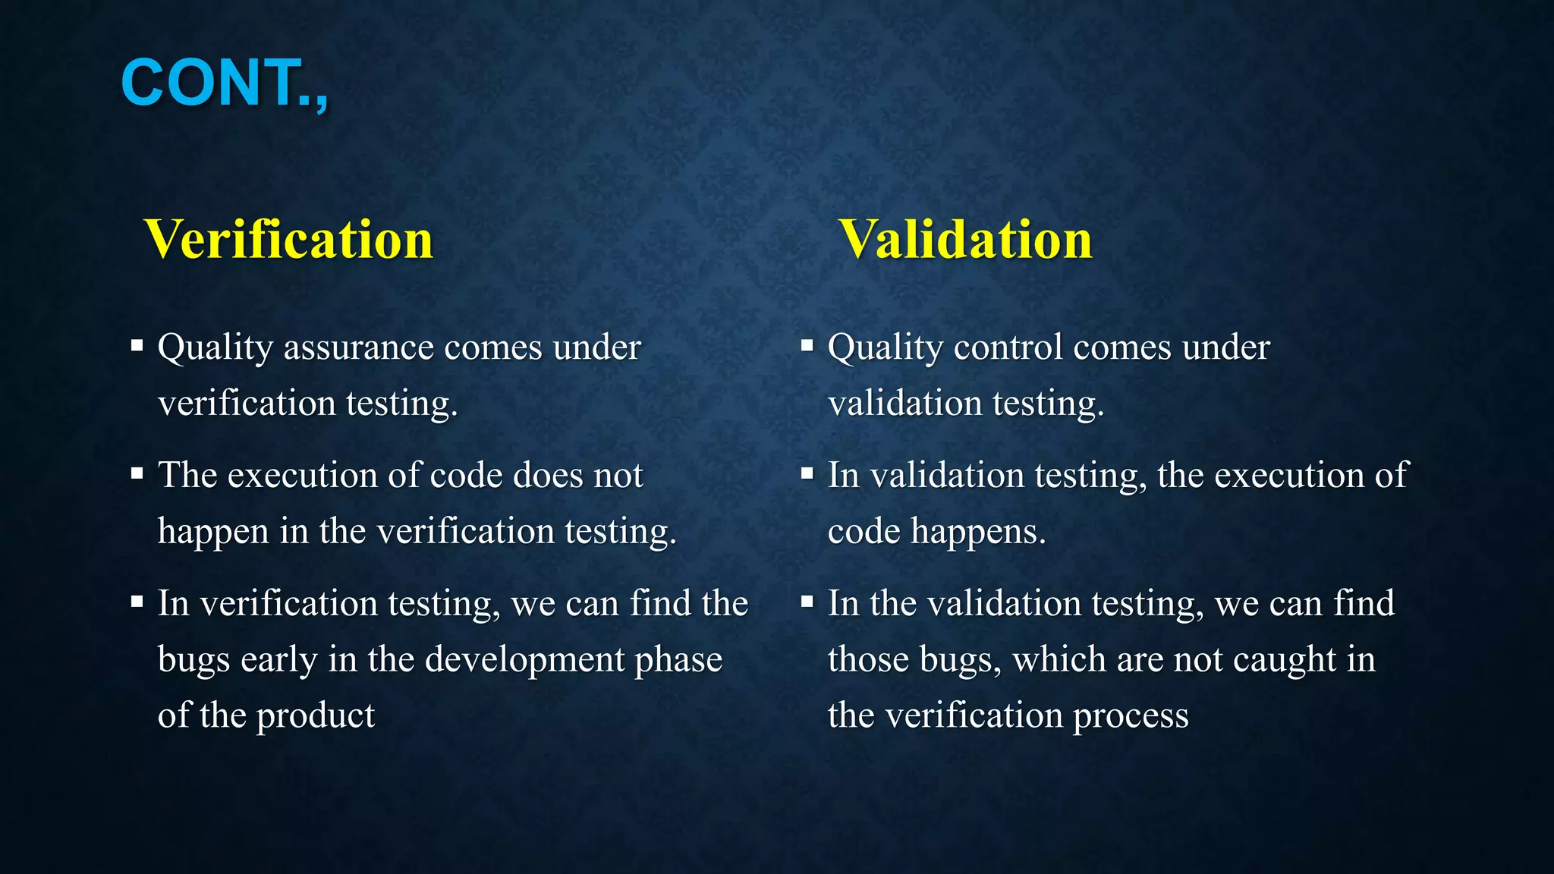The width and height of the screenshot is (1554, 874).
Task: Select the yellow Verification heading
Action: point(288,239)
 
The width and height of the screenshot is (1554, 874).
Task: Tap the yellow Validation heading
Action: point(965,239)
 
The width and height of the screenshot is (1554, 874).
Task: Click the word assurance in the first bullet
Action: point(358,347)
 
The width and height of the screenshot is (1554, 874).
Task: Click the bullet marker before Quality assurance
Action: point(137,346)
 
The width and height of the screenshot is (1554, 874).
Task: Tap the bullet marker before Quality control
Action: point(807,346)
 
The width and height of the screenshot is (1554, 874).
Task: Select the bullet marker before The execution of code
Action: point(137,474)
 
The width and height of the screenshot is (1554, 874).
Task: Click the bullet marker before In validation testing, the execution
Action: point(807,474)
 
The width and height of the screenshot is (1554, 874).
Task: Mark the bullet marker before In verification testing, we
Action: point(137,602)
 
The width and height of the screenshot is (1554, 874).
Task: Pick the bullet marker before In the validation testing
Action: point(807,602)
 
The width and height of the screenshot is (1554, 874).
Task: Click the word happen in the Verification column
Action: point(213,531)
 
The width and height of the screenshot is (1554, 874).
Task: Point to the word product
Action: point(315,716)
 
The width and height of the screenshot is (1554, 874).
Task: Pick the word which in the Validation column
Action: point(1059,659)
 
